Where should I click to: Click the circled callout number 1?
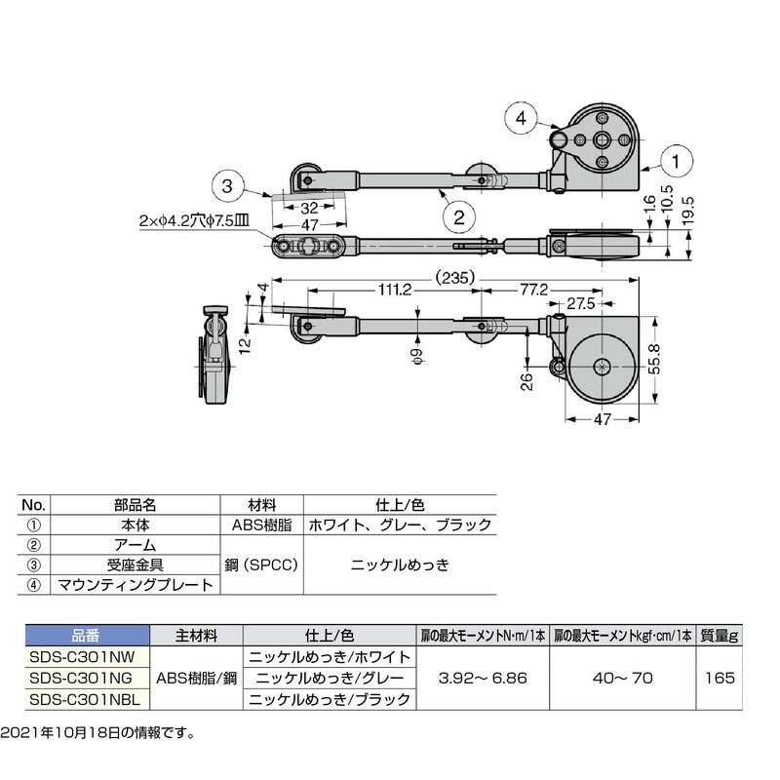pos(676,161)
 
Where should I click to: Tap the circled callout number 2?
pos(458,216)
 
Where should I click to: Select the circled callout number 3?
pos(227,186)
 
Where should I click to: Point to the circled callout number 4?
pos(521,118)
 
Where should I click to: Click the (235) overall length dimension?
pos(454,278)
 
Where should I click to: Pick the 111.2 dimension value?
pos(395,290)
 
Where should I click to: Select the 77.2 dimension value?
pos(533,290)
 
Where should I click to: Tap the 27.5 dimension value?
pos(580,303)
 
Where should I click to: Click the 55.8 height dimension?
pos(655,359)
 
